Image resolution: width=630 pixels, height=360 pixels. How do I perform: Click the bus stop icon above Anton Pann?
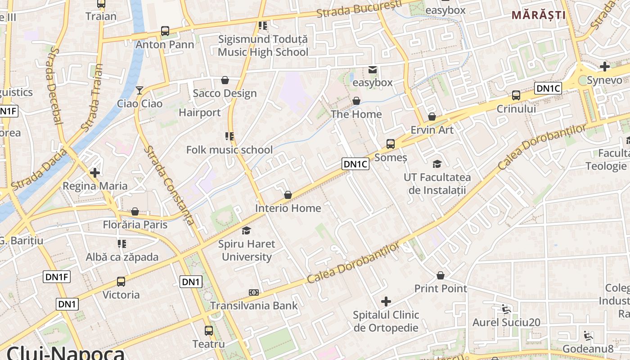(x=165, y=31)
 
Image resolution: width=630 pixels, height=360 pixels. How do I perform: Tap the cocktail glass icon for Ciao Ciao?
(x=139, y=90)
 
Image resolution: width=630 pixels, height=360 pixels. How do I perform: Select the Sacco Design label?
(x=225, y=93)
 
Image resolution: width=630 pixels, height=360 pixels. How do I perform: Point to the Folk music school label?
(x=229, y=150)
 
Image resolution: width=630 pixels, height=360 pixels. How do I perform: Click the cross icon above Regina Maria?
(x=94, y=172)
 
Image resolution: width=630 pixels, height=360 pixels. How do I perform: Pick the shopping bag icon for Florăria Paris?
(x=135, y=211)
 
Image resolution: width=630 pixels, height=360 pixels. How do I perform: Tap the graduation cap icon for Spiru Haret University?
(x=246, y=231)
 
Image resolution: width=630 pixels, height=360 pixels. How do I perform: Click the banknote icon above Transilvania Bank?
(x=254, y=292)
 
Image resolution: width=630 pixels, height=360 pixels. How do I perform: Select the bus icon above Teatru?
(x=209, y=331)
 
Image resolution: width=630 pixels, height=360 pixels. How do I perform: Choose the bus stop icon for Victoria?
(x=121, y=282)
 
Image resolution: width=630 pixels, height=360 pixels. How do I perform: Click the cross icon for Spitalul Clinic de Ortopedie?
(x=386, y=301)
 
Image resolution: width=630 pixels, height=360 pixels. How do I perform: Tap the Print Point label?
(x=441, y=288)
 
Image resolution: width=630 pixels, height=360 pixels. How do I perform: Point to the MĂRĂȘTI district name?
(x=538, y=15)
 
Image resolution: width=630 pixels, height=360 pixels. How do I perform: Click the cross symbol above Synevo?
(x=605, y=67)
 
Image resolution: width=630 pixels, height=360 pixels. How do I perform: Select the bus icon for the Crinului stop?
(x=516, y=95)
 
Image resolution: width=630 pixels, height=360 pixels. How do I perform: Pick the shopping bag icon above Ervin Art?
(x=432, y=117)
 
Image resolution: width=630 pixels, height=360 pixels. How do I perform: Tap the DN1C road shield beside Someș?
(x=355, y=164)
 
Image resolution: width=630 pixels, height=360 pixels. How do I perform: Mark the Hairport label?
(x=200, y=112)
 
